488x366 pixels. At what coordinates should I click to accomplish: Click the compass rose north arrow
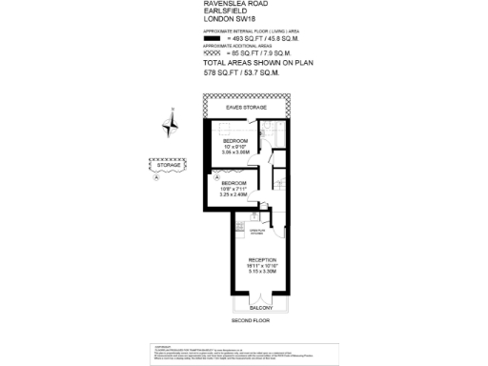[x=169, y=122]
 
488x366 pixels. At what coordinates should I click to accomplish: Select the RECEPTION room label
[x=262, y=259]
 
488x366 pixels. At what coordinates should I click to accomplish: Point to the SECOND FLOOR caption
[x=251, y=321]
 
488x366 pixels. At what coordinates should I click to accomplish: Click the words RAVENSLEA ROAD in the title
[x=233, y=4]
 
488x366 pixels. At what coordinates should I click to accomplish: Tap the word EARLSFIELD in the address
[x=225, y=12]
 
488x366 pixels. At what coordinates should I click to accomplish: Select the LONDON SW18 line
[x=229, y=21]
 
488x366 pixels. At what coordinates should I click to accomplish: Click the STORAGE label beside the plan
[x=172, y=166]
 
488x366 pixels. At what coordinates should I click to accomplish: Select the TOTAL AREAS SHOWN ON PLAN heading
[x=258, y=63]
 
